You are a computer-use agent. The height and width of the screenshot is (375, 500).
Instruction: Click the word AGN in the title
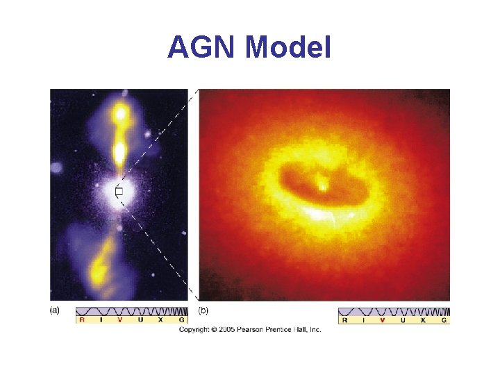click(x=202, y=47)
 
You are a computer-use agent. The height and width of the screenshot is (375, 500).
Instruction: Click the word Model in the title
click(x=288, y=47)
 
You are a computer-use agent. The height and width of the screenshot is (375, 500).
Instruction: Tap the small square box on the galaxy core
click(x=119, y=192)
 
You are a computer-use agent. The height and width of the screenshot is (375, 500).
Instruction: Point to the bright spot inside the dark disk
click(x=322, y=185)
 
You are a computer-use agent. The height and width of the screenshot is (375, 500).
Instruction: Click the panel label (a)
click(x=54, y=310)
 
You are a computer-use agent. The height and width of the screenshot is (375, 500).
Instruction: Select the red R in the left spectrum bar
click(x=82, y=320)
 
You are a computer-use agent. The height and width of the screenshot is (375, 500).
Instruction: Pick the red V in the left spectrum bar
click(x=119, y=320)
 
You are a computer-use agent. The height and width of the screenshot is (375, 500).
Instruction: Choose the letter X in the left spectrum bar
click(x=160, y=320)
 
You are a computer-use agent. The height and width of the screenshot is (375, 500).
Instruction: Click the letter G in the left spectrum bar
click(x=181, y=320)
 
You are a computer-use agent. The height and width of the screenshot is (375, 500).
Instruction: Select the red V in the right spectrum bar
click(x=383, y=320)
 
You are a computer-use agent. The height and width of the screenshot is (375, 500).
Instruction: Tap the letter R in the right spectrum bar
click(x=345, y=320)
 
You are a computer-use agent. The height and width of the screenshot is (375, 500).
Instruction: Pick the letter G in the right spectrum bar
click(x=444, y=320)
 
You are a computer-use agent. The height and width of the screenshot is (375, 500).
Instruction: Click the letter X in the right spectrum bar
click(x=423, y=320)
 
